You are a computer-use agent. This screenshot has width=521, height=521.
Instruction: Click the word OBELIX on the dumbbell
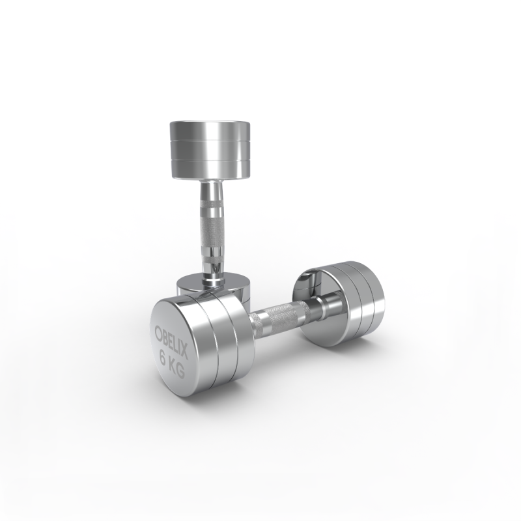click(172, 341)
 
